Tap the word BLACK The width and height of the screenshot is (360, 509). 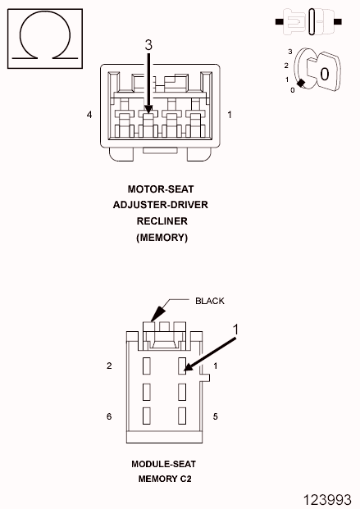pos(210,301)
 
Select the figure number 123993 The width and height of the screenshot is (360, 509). pos(327,500)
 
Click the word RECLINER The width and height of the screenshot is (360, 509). pos(162,221)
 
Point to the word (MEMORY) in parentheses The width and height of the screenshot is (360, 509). pos(162,238)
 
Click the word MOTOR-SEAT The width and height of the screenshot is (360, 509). pos(161,189)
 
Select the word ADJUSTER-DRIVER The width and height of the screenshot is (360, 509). pos(161,205)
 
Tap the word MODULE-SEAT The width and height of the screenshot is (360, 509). pos(163,464)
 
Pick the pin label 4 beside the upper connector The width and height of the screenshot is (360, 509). pos(89,115)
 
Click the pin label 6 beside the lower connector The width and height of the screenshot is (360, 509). pos(109,416)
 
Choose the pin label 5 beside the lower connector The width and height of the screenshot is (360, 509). pos(215,416)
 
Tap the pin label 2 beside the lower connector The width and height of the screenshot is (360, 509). pos(109,366)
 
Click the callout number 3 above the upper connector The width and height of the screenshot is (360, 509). pos(148,45)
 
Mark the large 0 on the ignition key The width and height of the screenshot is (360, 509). pos(324,74)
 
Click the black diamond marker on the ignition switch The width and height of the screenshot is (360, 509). pos(301,83)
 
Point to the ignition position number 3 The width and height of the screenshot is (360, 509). pos(290,52)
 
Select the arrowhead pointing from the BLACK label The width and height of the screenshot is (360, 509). pos(157,314)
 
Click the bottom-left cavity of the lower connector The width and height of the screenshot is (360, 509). pos(147,416)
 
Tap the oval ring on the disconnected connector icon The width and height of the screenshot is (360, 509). pos(312,22)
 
